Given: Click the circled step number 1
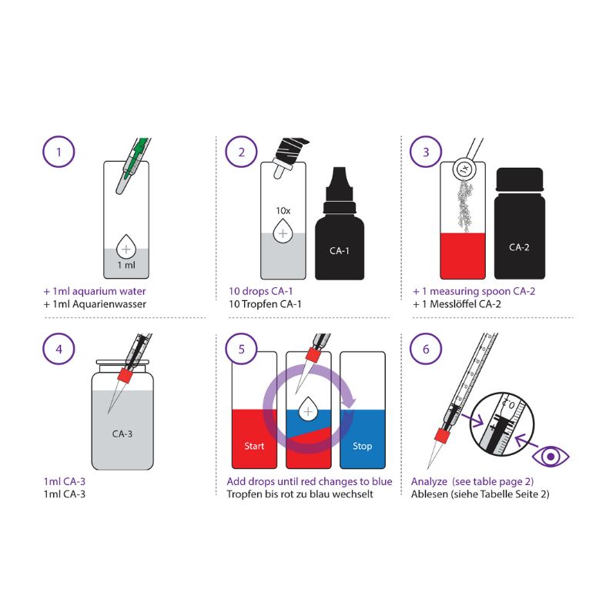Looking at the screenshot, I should tap(58, 152).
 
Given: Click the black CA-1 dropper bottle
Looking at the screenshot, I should tap(340, 231).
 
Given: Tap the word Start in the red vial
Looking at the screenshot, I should tap(254, 446).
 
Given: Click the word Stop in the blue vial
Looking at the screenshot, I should tap(362, 446).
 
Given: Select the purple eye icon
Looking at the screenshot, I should tap(550, 456).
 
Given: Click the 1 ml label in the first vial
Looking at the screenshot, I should tap(125, 264).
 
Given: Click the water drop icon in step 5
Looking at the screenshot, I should tap(308, 411).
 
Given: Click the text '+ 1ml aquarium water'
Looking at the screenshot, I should tap(95, 292).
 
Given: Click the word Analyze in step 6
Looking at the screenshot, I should tap(430, 481).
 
